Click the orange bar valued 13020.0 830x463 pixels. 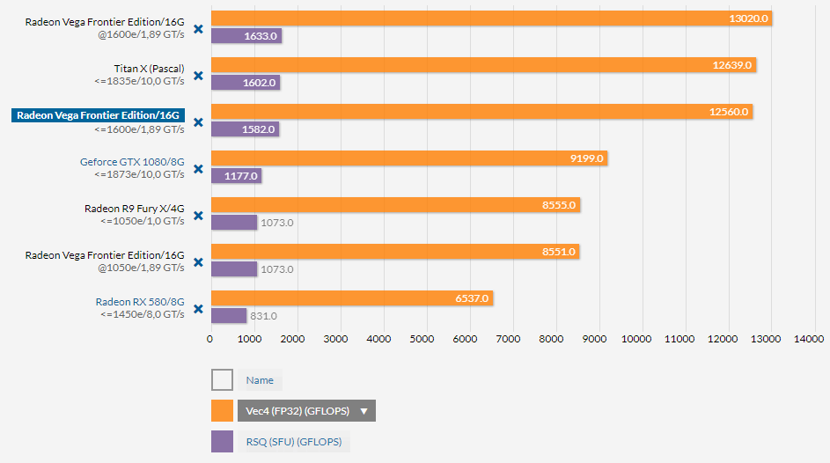pyautogui.click(x=490, y=18)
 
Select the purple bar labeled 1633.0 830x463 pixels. pyautogui.click(x=246, y=36)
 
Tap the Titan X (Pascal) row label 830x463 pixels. pyautogui.click(x=149, y=68)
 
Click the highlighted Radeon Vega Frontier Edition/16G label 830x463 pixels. pyautogui.click(x=98, y=114)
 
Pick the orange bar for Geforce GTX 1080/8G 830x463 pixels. pyautogui.click(x=408, y=158)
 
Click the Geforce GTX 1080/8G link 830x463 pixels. pyautogui.click(x=132, y=161)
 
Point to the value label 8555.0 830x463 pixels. pyautogui.click(x=559, y=205)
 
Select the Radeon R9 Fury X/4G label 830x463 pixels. pyautogui.click(x=134, y=209)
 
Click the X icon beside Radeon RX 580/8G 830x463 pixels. pyautogui.click(x=198, y=309)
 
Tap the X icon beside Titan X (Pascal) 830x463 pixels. pyautogui.click(x=198, y=76)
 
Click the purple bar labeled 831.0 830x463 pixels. pyautogui.click(x=229, y=315)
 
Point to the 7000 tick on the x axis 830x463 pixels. pyautogui.click(x=509, y=338)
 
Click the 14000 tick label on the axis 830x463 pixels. pyautogui.click(x=808, y=338)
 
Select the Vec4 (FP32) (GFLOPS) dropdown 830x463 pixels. pyautogui.click(x=306, y=411)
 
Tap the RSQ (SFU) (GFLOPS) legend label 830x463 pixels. pyautogui.click(x=293, y=442)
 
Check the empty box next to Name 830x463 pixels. pyautogui.click(x=222, y=380)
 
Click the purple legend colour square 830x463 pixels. pyautogui.click(x=222, y=442)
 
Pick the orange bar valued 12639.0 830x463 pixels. pyautogui.click(x=482, y=64)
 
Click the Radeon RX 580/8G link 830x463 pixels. pyautogui.click(x=140, y=302)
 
